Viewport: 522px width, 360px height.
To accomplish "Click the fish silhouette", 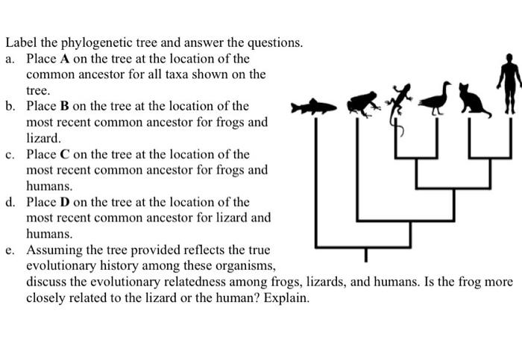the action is [x=313, y=107].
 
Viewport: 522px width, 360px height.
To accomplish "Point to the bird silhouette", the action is [x=436, y=98].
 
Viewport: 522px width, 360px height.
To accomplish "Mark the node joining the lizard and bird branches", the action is [x=415, y=158].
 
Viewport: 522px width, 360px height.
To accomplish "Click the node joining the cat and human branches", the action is [x=490, y=158].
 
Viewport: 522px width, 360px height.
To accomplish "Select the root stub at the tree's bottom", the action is [x=365, y=254].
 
